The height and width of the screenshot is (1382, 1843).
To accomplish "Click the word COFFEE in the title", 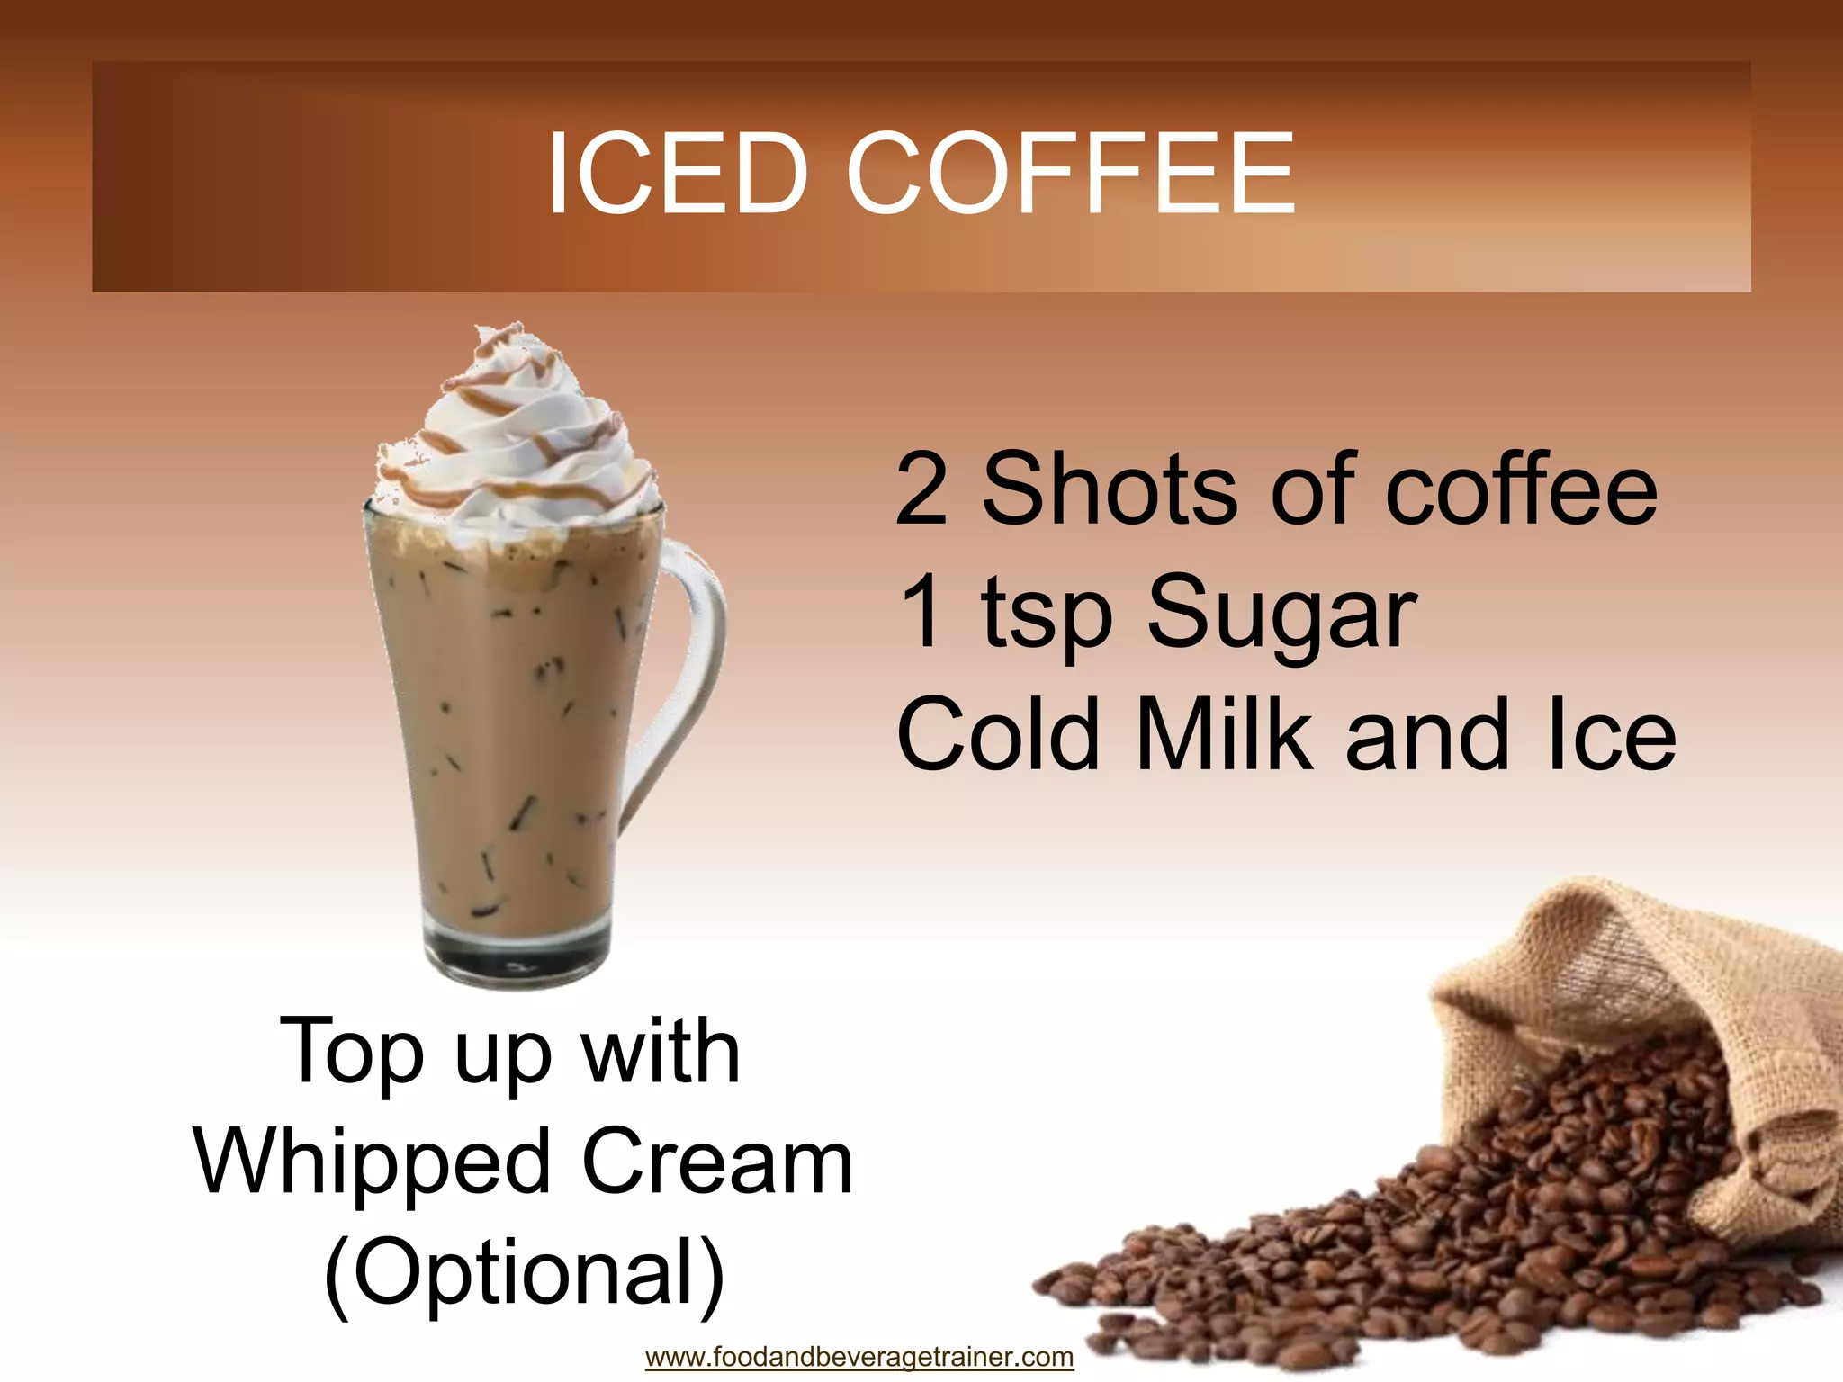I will point(1070,173).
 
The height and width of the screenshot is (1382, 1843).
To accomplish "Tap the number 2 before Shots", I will point(921,490).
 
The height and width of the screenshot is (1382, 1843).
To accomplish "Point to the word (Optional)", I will point(524,1274).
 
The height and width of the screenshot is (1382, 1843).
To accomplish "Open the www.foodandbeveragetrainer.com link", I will point(859,1356).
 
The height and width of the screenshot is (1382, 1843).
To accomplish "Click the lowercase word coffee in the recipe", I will point(1521,490).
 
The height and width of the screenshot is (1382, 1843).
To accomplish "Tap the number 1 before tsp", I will point(921,612).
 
